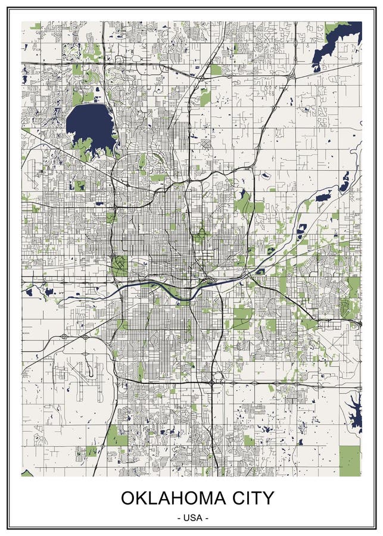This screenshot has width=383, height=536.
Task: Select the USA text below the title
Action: coord(192,518)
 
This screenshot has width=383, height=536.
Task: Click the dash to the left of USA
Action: coord(179,518)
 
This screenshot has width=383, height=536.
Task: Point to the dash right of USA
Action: coord(206,518)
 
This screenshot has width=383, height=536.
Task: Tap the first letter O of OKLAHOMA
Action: coord(128,497)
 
